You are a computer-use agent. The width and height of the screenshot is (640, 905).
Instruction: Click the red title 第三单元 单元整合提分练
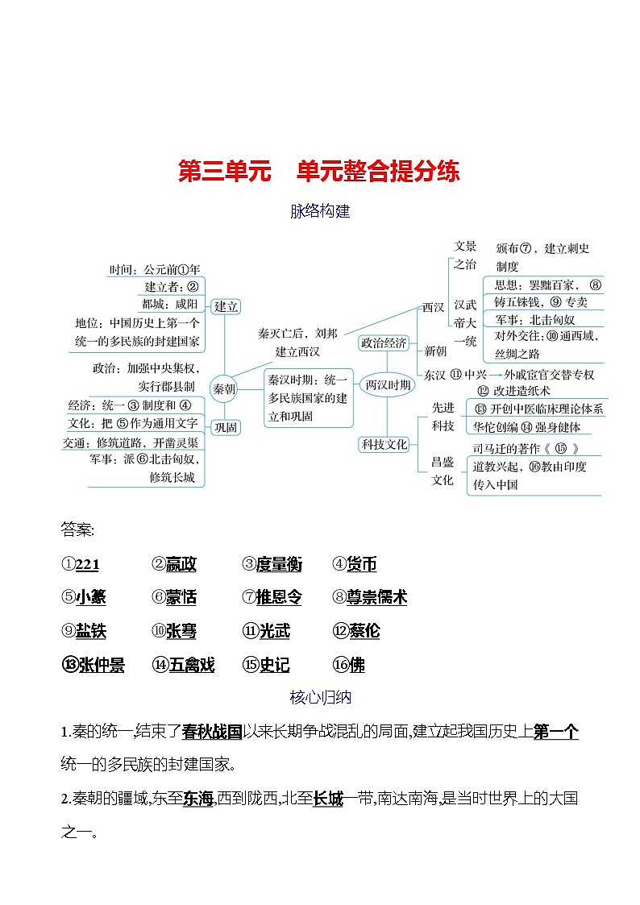click(319, 172)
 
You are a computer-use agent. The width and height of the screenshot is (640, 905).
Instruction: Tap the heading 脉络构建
click(320, 212)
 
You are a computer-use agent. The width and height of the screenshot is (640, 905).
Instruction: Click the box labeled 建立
click(226, 306)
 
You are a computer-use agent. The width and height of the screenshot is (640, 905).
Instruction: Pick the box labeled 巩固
click(226, 427)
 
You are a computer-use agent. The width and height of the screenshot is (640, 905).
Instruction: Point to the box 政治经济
click(384, 342)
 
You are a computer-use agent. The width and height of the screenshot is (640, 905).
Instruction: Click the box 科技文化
click(384, 443)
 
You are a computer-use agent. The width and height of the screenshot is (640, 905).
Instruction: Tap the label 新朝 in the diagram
click(435, 351)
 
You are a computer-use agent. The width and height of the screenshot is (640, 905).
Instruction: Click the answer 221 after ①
click(87, 565)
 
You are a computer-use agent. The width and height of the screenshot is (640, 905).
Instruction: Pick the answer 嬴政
click(181, 565)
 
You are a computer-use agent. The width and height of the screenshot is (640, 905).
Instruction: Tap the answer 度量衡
click(278, 565)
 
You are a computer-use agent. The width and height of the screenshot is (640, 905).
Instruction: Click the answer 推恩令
click(278, 598)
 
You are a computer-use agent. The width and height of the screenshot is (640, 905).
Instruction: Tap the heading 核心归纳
click(320, 698)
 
